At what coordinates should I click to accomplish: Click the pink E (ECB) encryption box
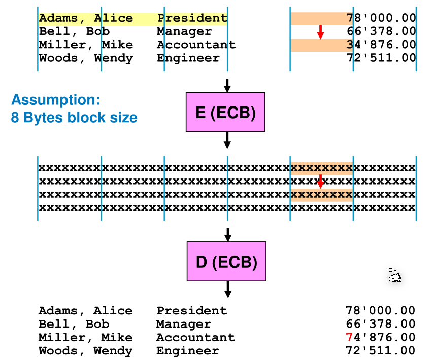[225, 112]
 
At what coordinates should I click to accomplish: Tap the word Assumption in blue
[56, 99]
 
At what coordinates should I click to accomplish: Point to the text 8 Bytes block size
[74, 118]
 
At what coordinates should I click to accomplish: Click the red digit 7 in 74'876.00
[349, 338]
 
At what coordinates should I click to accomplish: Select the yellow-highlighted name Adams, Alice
[86, 19]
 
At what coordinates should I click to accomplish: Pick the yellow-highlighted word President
[192, 19]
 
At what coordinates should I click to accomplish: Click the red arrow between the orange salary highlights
[320, 32]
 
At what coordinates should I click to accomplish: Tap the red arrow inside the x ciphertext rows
[320, 181]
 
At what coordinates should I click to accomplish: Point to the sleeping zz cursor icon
[394, 275]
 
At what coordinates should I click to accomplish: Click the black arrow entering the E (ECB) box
[227, 85]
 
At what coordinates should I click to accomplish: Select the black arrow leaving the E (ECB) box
[227, 139]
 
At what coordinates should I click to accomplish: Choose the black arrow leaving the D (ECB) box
[228, 289]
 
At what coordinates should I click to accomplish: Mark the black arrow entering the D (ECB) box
[228, 234]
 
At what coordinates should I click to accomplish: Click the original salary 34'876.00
[381, 45]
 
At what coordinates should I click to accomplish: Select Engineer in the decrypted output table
[187, 351]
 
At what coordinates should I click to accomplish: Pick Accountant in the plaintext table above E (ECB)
[196, 45]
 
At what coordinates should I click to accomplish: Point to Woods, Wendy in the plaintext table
[86, 58]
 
